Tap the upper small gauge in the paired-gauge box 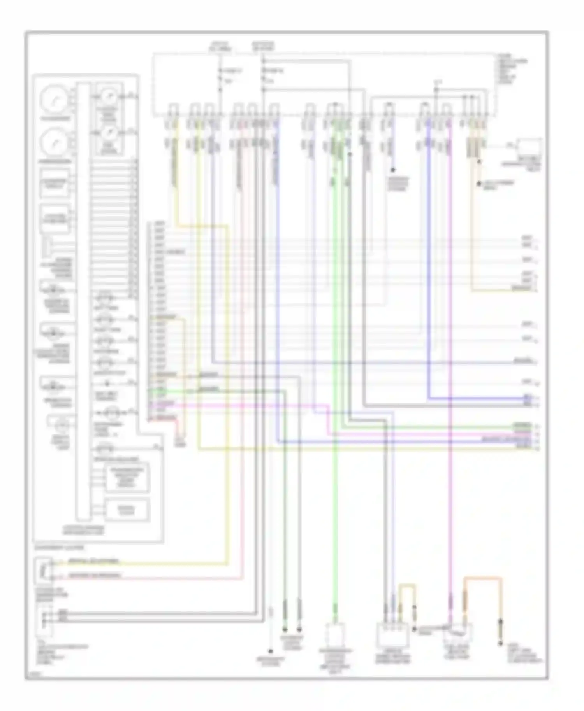click(x=107, y=95)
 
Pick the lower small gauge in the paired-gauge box click(x=107, y=133)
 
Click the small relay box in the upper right click(x=528, y=148)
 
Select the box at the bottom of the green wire click(x=334, y=634)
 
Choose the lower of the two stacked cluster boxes click(x=127, y=510)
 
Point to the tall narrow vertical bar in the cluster click(x=83, y=301)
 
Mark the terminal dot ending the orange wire click(x=500, y=644)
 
